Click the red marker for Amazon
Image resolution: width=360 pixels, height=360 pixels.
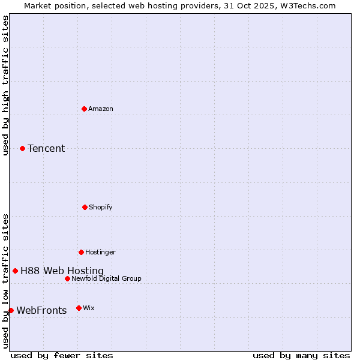point(84,109)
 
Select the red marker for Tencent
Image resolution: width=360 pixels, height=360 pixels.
point(22,148)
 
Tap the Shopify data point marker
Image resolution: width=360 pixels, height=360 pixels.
point(85,207)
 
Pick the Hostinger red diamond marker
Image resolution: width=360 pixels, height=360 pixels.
point(81,252)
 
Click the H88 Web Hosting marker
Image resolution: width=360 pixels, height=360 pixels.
point(15,271)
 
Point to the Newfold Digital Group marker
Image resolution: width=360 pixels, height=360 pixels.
point(67,278)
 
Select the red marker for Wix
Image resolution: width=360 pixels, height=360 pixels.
point(79,308)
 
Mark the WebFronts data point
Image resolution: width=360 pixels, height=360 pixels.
point(11,310)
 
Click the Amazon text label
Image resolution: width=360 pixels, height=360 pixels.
point(101,109)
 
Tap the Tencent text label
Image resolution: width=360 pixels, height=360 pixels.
point(46,148)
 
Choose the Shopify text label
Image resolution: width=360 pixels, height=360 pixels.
point(101,207)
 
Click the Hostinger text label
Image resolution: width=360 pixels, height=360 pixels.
point(100,252)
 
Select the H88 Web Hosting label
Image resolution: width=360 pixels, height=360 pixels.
point(62,271)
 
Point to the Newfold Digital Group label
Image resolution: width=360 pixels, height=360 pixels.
point(106,278)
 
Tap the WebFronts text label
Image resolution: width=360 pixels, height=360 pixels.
point(41,310)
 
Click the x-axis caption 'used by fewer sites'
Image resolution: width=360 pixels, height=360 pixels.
point(62,355)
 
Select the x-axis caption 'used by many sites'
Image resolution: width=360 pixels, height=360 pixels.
point(301,355)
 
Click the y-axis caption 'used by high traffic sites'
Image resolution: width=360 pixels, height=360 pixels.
point(6,85)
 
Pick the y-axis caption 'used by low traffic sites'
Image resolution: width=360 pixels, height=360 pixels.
point(6,281)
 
